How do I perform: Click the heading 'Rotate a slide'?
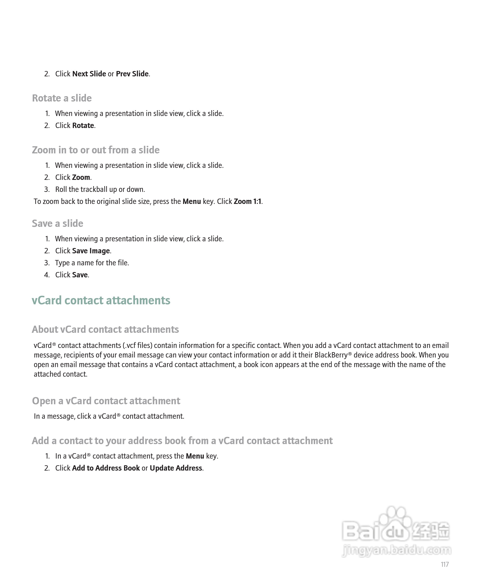[62, 98]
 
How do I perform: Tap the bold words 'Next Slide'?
[89, 74]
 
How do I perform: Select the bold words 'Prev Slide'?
[132, 74]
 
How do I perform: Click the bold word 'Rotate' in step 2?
[83, 126]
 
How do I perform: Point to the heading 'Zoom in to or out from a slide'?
[96, 150]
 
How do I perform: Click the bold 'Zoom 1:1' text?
[247, 201]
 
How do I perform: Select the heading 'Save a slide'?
[57, 223]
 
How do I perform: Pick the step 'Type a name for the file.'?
[92, 263]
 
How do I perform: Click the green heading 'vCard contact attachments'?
[101, 300]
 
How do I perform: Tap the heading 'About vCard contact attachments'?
[105, 329]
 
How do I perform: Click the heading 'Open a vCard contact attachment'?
[106, 401]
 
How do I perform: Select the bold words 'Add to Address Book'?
[106, 468]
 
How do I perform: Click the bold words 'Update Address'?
[176, 468]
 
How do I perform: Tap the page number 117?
[445, 564]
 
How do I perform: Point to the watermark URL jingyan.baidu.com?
[396, 550]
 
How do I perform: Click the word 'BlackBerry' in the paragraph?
[331, 355]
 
